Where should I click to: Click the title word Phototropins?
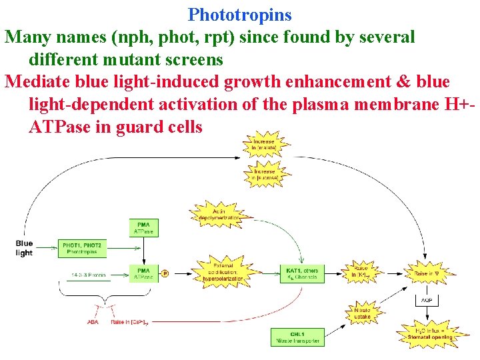(240, 14)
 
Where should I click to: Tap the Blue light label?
(25, 248)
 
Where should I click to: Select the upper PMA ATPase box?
(144, 228)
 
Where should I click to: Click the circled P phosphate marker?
(166, 273)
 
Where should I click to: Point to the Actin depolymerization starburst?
(219, 214)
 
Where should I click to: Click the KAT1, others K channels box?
(301, 273)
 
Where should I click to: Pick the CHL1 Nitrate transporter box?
(298, 337)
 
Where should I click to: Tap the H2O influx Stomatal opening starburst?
(430, 333)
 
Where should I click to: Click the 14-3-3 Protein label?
(89, 275)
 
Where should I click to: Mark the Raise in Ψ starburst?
(426, 273)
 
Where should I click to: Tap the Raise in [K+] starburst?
(362, 272)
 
